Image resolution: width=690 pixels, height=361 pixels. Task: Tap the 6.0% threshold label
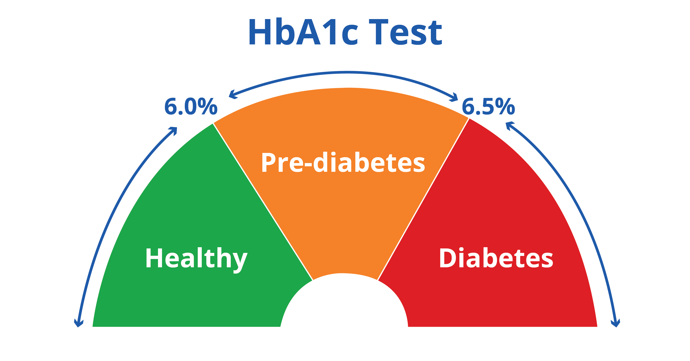(191, 107)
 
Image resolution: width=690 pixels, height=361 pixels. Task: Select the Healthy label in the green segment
(196, 258)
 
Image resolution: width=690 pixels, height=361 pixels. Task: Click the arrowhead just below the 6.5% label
(509, 125)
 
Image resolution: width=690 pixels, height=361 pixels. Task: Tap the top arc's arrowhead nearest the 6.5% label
(455, 98)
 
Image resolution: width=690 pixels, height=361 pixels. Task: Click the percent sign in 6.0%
(208, 107)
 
